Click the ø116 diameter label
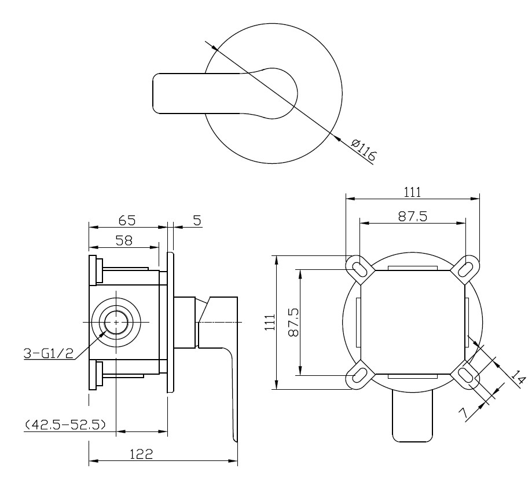coord(364,149)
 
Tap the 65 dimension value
coord(127,221)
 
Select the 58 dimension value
coord(124,241)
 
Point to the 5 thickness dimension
coord(197,221)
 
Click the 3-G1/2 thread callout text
coord(49,354)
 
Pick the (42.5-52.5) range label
coord(65,425)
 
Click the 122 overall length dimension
coord(141,454)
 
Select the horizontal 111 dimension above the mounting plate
coord(412,192)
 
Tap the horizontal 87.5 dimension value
coord(413,216)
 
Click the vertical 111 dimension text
coord(270,322)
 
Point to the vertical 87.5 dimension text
coord(293,322)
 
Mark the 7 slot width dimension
coord(464,413)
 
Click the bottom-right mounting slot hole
coord(466,375)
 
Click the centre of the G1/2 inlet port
coord(116,322)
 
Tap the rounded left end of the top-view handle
coord(154,93)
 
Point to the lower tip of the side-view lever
coord(235,440)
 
